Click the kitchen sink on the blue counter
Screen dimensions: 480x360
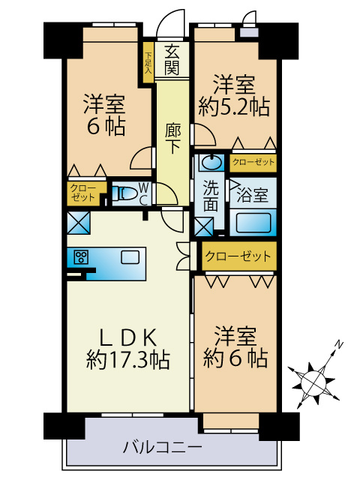130,257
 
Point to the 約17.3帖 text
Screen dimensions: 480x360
127,361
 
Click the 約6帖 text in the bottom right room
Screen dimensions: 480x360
234,358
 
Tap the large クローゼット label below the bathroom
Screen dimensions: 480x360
237,256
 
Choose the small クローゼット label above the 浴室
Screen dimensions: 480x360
253,162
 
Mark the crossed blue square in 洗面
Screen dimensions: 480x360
203,226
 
